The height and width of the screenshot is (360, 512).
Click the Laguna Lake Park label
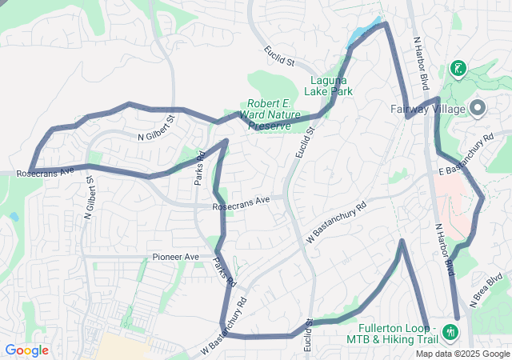point(329,86)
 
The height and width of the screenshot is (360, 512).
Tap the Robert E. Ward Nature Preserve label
point(274,114)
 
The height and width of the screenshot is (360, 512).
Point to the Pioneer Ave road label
point(175,257)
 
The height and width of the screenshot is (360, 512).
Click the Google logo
point(26,350)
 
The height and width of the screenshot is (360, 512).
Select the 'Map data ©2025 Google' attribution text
point(462,354)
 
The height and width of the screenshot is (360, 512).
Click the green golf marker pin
point(458,69)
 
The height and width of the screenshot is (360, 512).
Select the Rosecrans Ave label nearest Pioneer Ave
point(241,203)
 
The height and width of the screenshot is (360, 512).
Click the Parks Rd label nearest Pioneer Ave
point(225,272)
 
